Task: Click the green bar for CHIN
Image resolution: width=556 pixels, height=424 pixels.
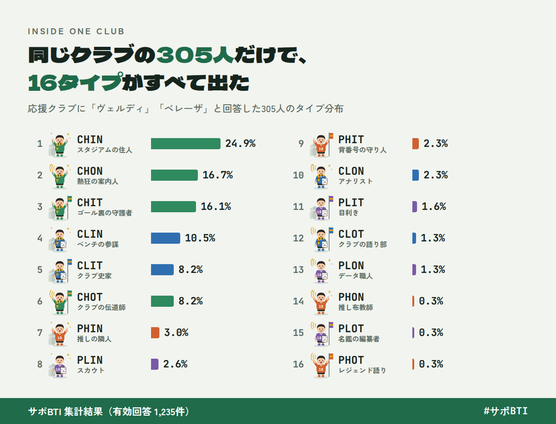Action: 186,144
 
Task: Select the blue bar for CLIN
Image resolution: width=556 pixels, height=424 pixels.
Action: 166,238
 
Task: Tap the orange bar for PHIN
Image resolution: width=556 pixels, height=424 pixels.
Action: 155,333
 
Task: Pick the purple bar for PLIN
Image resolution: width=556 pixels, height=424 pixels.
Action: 155,364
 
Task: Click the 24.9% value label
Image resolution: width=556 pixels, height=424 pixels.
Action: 240,144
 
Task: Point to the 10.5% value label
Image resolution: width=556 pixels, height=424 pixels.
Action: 200,238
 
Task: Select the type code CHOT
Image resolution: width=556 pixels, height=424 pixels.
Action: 90,297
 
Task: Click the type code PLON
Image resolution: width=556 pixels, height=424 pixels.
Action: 351,266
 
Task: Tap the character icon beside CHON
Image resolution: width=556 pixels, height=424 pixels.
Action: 60,176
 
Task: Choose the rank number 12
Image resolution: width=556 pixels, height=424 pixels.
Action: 298,238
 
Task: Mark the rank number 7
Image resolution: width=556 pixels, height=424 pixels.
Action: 40,333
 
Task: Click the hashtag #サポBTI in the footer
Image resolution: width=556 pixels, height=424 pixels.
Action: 505,411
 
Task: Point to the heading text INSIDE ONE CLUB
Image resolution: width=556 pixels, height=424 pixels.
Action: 76,32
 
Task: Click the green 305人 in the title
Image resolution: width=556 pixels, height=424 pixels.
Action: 195,55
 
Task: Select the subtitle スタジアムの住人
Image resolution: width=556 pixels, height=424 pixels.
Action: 105,150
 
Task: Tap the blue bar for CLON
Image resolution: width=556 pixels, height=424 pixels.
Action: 416,175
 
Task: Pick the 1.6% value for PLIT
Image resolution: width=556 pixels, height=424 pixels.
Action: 434,206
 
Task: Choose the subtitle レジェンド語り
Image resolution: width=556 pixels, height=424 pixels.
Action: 362,371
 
